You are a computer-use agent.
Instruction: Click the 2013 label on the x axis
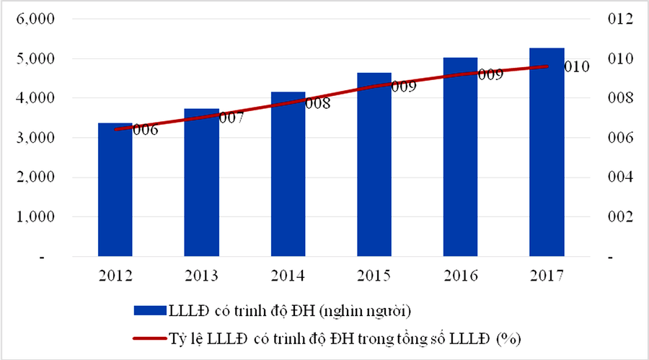[201, 276]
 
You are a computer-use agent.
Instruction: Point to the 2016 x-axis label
[460, 276]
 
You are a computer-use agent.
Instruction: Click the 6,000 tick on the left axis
[30, 19]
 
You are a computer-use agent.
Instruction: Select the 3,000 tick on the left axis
[30, 138]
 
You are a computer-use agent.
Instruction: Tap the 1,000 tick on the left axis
[30, 216]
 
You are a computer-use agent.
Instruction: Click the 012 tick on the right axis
[619, 19]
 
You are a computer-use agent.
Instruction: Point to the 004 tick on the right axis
[619, 177]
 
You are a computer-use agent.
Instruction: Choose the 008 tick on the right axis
[619, 98]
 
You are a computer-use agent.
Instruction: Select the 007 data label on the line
[231, 119]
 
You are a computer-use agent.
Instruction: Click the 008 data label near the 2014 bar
[317, 104]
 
